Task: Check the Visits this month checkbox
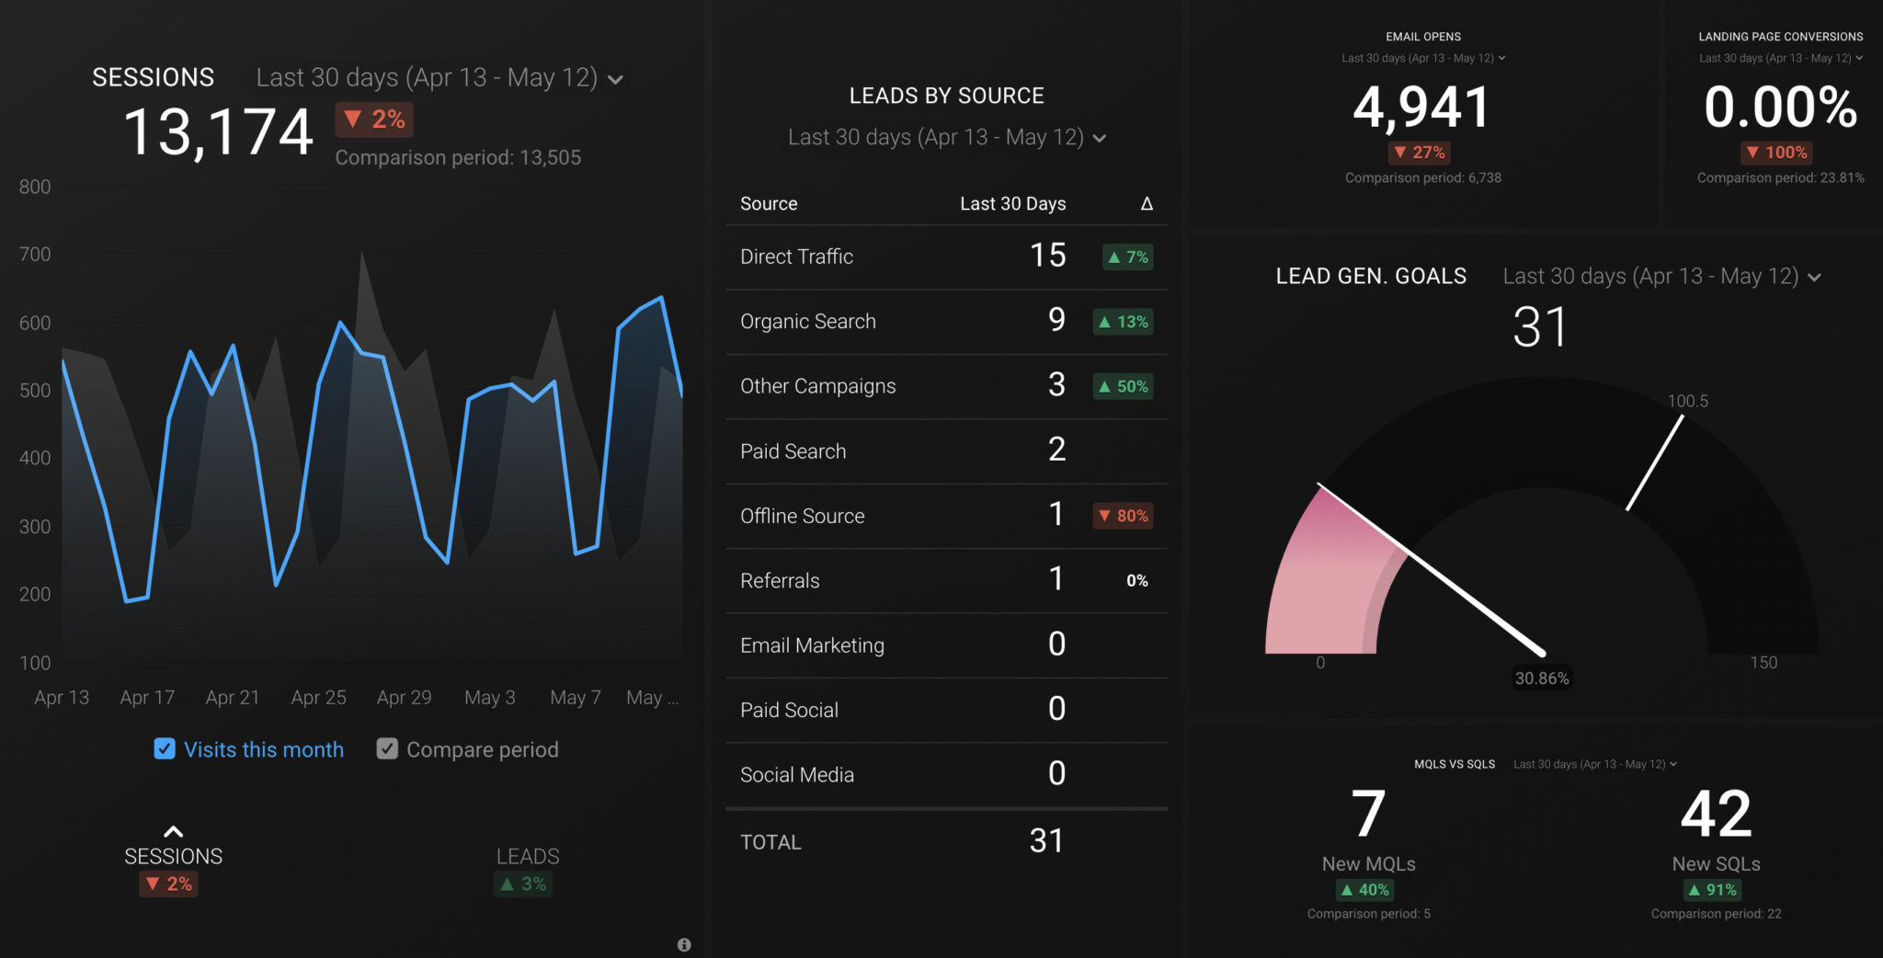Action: [x=165, y=749]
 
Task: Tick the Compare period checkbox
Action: [x=387, y=749]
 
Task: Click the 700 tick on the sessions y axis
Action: [x=35, y=255]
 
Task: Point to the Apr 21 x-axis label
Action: [x=233, y=698]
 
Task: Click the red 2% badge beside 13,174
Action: [x=374, y=120]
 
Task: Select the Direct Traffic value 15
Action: [x=1047, y=256]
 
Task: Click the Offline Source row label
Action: [x=802, y=516]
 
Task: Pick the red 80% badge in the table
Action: [x=1124, y=516]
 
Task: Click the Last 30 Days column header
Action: [x=1012, y=203]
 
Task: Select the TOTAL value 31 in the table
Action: [x=1046, y=840]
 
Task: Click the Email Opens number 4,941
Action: [x=1421, y=107]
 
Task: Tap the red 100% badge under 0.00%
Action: [x=1776, y=153]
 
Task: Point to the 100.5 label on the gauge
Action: [x=1687, y=401]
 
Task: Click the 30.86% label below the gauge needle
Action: [x=1542, y=679]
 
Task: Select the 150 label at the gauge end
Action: [x=1763, y=663]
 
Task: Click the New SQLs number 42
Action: [x=1716, y=815]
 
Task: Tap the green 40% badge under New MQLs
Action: [x=1365, y=890]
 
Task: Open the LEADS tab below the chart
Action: [x=527, y=857]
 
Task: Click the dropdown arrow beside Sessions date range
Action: [x=616, y=79]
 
